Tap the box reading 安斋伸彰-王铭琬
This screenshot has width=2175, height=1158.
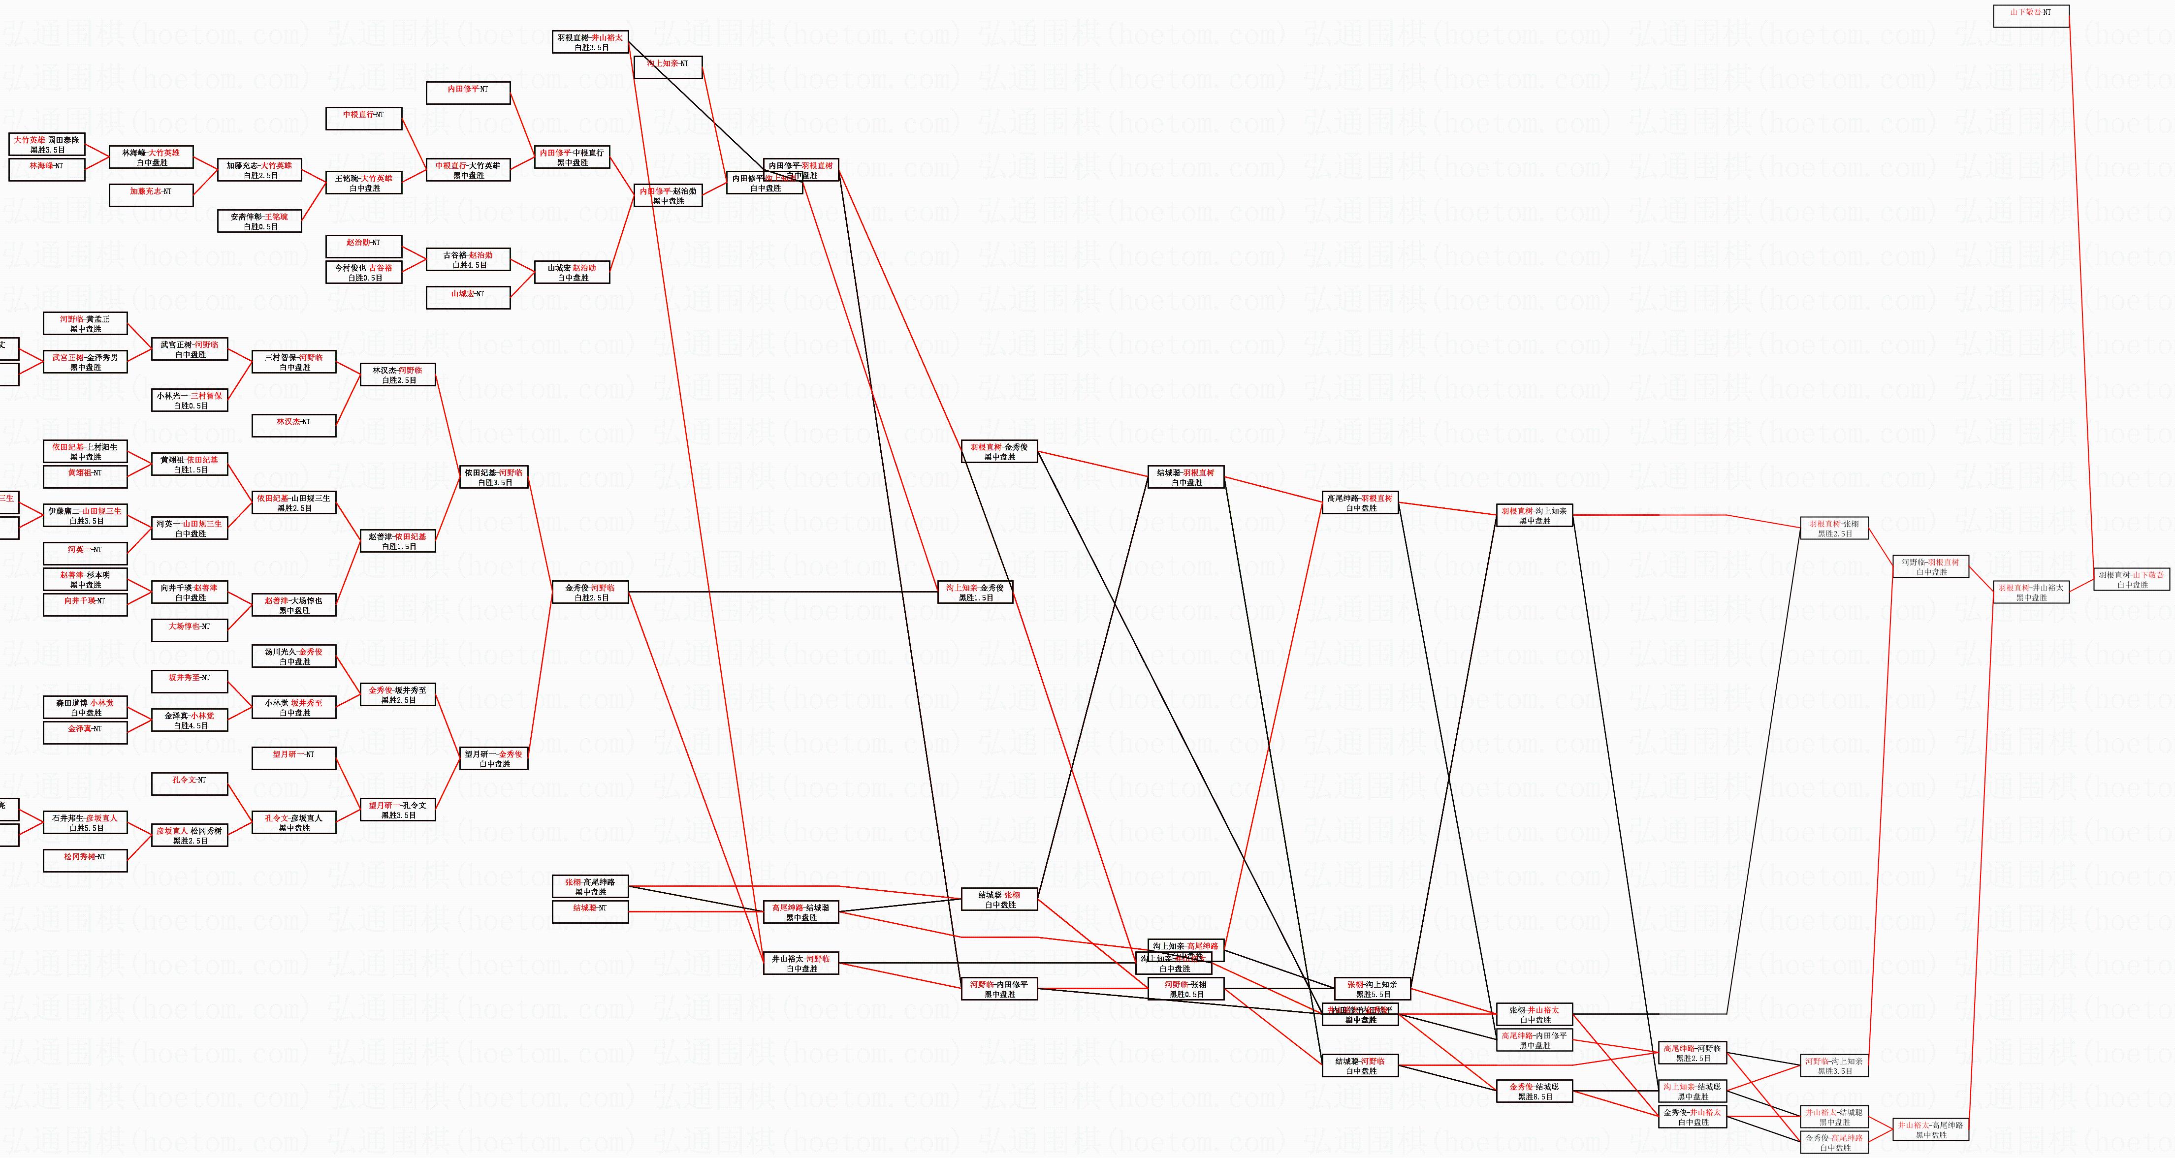click(260, 221)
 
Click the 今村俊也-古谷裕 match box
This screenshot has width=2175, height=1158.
click(364, 272)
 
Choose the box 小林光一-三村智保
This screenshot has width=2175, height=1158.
click(190, 400)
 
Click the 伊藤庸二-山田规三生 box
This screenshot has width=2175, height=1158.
click(85, 516)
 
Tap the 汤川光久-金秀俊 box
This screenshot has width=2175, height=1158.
click(294, 656)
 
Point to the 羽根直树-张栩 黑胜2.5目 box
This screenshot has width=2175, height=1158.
click(1834, 529)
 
